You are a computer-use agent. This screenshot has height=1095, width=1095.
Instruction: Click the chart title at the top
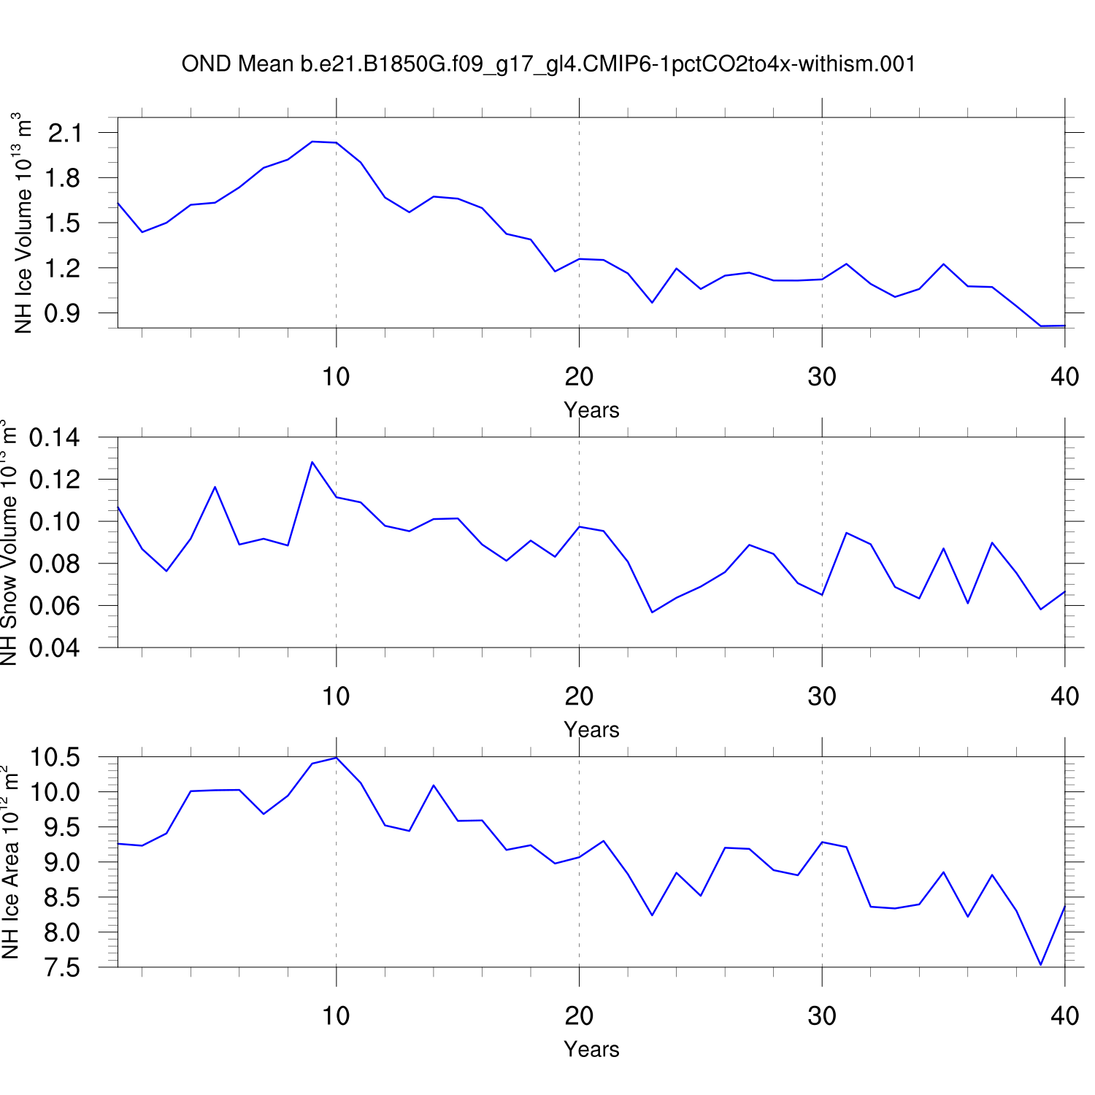point(548,64)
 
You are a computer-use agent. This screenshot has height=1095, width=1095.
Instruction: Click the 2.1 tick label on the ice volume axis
point(65,133)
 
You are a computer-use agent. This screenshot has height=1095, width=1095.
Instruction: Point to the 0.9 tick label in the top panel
point(65,313)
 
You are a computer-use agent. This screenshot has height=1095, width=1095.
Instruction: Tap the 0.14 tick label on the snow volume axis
point(55,438)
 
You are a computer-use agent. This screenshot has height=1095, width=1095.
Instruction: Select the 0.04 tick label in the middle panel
point(55,648)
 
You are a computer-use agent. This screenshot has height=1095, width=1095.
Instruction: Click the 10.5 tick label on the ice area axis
point(55,758)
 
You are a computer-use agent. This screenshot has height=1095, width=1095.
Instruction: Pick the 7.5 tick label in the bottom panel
point(61,967)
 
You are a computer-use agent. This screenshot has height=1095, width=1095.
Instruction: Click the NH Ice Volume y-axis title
point(24,223)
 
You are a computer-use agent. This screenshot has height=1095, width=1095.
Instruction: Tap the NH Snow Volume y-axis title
point(9,542)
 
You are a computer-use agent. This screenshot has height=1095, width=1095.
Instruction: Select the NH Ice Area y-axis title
point(10,862)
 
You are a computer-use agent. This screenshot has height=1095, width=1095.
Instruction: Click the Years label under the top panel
point(591,410)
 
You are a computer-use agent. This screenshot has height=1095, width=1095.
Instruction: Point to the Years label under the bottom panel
point(591,1050)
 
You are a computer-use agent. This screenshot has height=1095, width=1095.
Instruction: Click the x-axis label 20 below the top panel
point(579,377)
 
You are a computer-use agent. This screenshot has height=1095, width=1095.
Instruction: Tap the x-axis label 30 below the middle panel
point(822,697)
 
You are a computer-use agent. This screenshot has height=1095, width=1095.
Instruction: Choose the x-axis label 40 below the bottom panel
point(1065,1016)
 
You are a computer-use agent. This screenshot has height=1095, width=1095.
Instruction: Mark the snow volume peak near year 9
point(312,462)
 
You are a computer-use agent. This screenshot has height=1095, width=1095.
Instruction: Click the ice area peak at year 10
point(336,758)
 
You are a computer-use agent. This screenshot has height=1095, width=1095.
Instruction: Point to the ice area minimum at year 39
point(1041,965)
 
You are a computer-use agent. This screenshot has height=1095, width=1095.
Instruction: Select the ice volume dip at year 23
point(652,302)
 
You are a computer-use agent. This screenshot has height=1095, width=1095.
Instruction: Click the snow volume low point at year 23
point(652,612)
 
